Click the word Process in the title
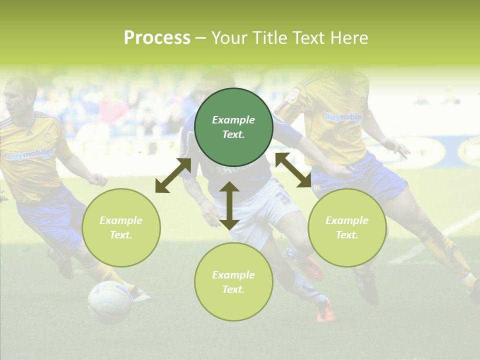[157, 38]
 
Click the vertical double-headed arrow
[229, 205]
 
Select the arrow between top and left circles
[173, 175]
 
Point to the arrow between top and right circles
[293, 170]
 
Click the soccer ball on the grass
[109, 302]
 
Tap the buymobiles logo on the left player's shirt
[30, 155]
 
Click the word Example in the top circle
[233, 120]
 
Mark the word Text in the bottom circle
[233, 289]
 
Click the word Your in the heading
[228, 38]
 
